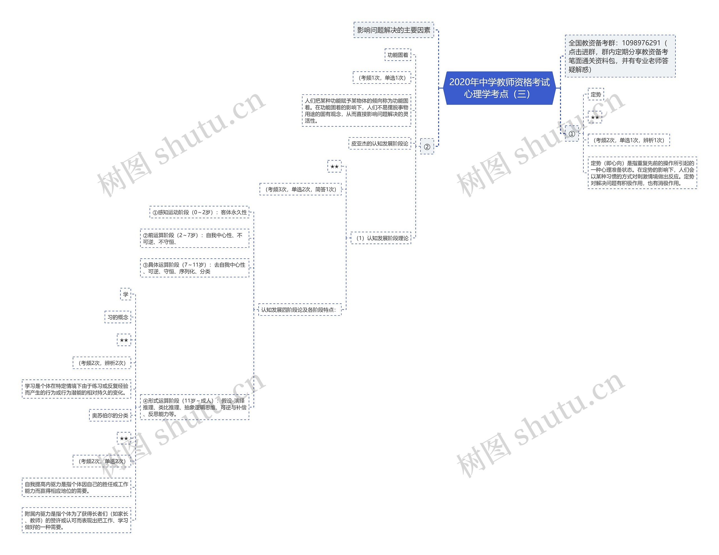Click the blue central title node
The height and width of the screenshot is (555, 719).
point(499,88)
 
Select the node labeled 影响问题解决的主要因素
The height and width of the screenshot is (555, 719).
point(393,30)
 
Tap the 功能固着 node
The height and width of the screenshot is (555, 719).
point(398,55)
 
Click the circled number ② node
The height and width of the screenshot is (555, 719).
point(427,147)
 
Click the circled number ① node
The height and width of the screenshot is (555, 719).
point(572,134)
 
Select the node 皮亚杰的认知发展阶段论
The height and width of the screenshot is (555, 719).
point(380,144)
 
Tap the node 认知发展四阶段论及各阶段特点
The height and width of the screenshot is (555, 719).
point(299,310)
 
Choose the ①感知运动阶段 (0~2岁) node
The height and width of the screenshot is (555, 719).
point(199,212)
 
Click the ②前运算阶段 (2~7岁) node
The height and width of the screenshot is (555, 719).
point(194,238)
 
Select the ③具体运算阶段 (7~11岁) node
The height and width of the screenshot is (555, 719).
point(194,268)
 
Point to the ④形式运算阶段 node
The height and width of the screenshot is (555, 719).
point(194,407)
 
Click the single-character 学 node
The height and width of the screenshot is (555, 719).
point(126,294)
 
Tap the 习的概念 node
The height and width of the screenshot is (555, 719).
point(118,317)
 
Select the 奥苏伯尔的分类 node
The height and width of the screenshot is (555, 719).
point(110,415)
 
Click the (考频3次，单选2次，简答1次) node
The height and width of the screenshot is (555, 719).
point(301,189)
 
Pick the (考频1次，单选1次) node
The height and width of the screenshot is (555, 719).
point(382,78)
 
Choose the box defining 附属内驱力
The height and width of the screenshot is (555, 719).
point(76,520)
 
